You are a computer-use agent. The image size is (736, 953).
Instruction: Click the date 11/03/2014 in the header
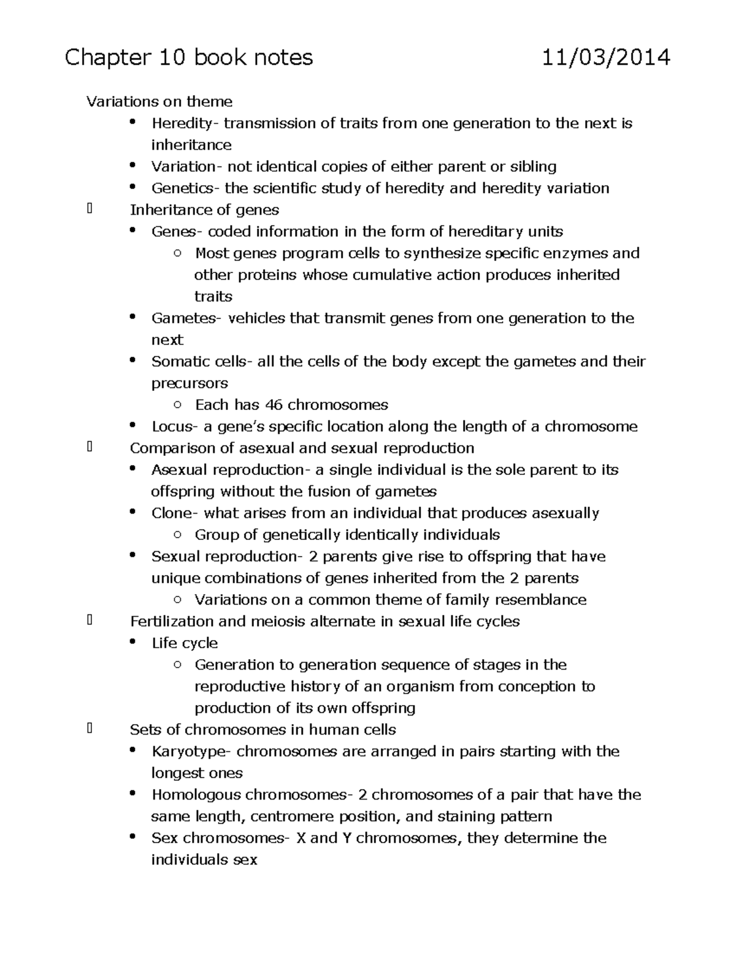(606, 58)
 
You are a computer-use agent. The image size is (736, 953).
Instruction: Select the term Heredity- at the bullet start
(184, 123)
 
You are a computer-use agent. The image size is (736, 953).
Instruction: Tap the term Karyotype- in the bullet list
(191, 752)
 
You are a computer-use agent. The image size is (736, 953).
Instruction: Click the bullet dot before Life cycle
(132, 642)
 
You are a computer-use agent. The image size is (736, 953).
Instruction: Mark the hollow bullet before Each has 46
(177, 405)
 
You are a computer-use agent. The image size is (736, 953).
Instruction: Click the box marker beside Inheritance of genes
(90, 210)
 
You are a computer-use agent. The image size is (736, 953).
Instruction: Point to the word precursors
(190, 384)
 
